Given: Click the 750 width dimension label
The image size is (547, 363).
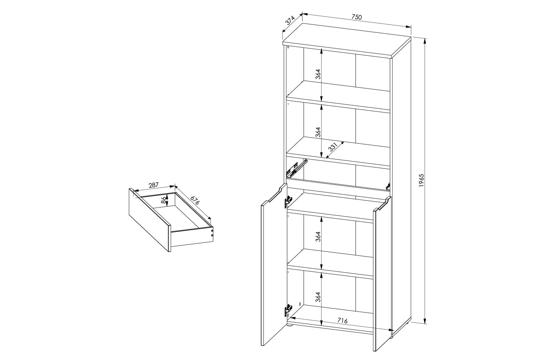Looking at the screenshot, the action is [356, 17].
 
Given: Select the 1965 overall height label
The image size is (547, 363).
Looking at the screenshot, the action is [422, 181].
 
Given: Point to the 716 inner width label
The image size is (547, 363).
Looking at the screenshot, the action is [342, 321].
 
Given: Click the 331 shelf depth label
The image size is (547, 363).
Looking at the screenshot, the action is [333, 147].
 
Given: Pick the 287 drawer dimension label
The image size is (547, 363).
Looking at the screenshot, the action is [154, 185].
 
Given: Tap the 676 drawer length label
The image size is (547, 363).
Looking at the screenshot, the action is [195, 200].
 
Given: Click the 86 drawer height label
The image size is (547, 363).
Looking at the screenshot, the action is [163, 200].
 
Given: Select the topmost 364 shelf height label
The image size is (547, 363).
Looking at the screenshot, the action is [318, 74].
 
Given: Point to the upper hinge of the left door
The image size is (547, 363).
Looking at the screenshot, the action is [288, 201].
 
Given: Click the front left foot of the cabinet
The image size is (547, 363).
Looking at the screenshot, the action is [290, 326].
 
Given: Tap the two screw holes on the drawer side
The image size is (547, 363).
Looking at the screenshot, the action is [212, 233].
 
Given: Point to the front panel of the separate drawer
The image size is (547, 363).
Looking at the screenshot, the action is [149, 220].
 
